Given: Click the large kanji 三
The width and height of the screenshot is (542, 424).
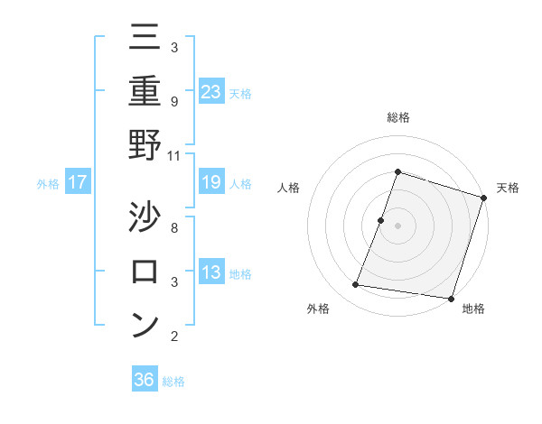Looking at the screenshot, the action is [x=145, y=37].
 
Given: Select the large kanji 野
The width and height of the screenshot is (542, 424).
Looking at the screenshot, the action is [x=145, y=144].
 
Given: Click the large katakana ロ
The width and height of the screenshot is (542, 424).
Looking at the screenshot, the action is [x=145, y=270].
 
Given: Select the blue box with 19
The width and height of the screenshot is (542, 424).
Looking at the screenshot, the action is [x=211, y=182].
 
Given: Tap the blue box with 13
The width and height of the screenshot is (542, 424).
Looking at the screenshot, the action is [x=211, y=272].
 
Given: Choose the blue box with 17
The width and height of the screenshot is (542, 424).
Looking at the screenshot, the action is [x=78, y=182].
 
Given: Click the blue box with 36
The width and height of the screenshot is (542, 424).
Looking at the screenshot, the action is [x=145, y=380].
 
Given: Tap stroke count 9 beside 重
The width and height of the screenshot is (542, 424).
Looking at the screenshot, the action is [x=174, y=101].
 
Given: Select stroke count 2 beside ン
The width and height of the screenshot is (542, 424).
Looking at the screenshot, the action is [x=174, y=336].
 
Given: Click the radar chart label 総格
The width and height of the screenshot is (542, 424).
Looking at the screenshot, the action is [x=397, y=118].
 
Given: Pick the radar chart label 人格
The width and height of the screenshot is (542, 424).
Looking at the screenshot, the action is [x=289, y=188].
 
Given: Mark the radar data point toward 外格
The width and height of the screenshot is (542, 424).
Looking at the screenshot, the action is [x=356, y=285].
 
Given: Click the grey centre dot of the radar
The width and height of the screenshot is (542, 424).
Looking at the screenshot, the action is [x=397, y=226].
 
